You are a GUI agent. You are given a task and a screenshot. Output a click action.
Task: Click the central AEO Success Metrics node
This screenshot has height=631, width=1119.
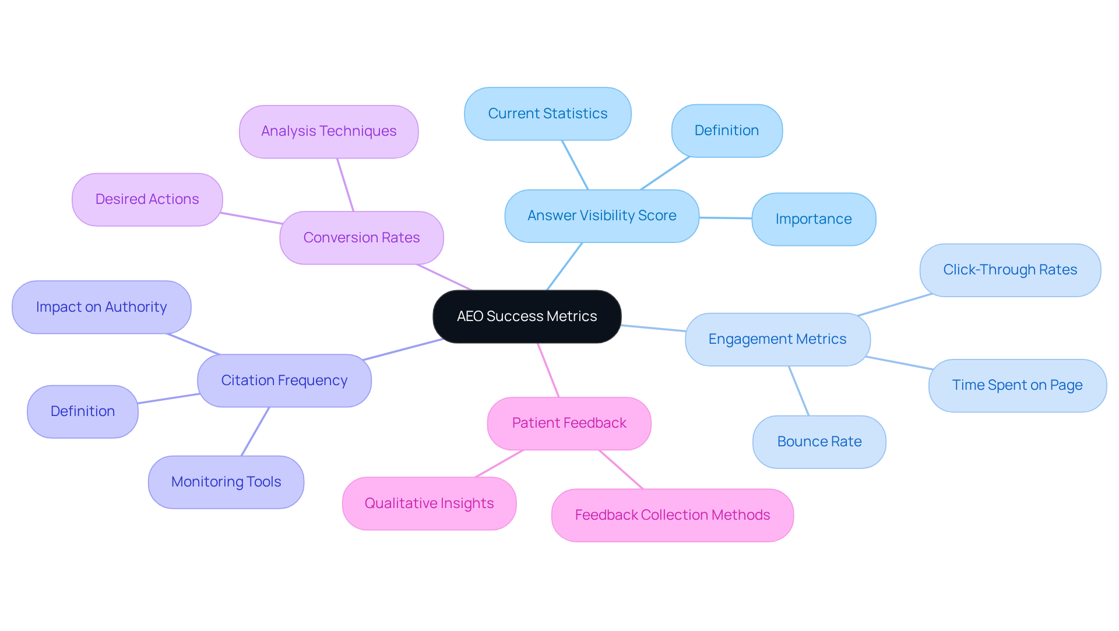527,316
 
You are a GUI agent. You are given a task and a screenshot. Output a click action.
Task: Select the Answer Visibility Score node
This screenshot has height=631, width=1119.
601,216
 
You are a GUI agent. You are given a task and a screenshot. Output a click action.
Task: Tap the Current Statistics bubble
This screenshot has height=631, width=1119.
547,114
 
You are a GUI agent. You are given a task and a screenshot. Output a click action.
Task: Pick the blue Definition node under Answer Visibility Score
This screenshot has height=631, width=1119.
726,131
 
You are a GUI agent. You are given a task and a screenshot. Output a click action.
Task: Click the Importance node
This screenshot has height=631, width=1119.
813,219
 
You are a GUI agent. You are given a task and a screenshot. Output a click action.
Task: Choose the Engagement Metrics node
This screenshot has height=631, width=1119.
777,339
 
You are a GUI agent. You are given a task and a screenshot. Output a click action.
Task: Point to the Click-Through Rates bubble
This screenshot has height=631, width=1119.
1009,270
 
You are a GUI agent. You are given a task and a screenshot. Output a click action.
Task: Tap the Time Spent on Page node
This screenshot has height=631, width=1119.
1017,385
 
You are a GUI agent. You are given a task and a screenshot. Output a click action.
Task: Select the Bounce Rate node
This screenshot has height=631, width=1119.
819,442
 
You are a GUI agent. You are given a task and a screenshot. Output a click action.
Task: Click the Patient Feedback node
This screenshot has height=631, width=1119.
569,423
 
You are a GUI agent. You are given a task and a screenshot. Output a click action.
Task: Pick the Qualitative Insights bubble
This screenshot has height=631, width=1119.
429,503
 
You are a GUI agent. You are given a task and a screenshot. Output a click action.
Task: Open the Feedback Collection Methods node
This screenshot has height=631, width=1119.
672,515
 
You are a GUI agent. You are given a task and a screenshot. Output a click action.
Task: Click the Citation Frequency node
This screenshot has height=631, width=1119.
284,380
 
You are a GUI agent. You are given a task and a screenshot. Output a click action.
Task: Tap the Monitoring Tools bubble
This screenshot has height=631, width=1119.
226,482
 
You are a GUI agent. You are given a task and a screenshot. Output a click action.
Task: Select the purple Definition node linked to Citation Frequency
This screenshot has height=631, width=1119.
83,411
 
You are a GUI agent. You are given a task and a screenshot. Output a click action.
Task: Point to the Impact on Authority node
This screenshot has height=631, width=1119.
101,307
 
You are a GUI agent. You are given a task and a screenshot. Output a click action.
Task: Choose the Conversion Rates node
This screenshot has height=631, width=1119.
361,238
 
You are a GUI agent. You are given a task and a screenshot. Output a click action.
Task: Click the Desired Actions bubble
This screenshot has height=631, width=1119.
147,199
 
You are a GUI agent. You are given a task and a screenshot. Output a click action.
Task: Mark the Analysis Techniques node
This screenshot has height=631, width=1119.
329,131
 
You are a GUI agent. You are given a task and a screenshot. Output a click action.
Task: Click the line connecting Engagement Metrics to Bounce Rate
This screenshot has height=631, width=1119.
798,390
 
